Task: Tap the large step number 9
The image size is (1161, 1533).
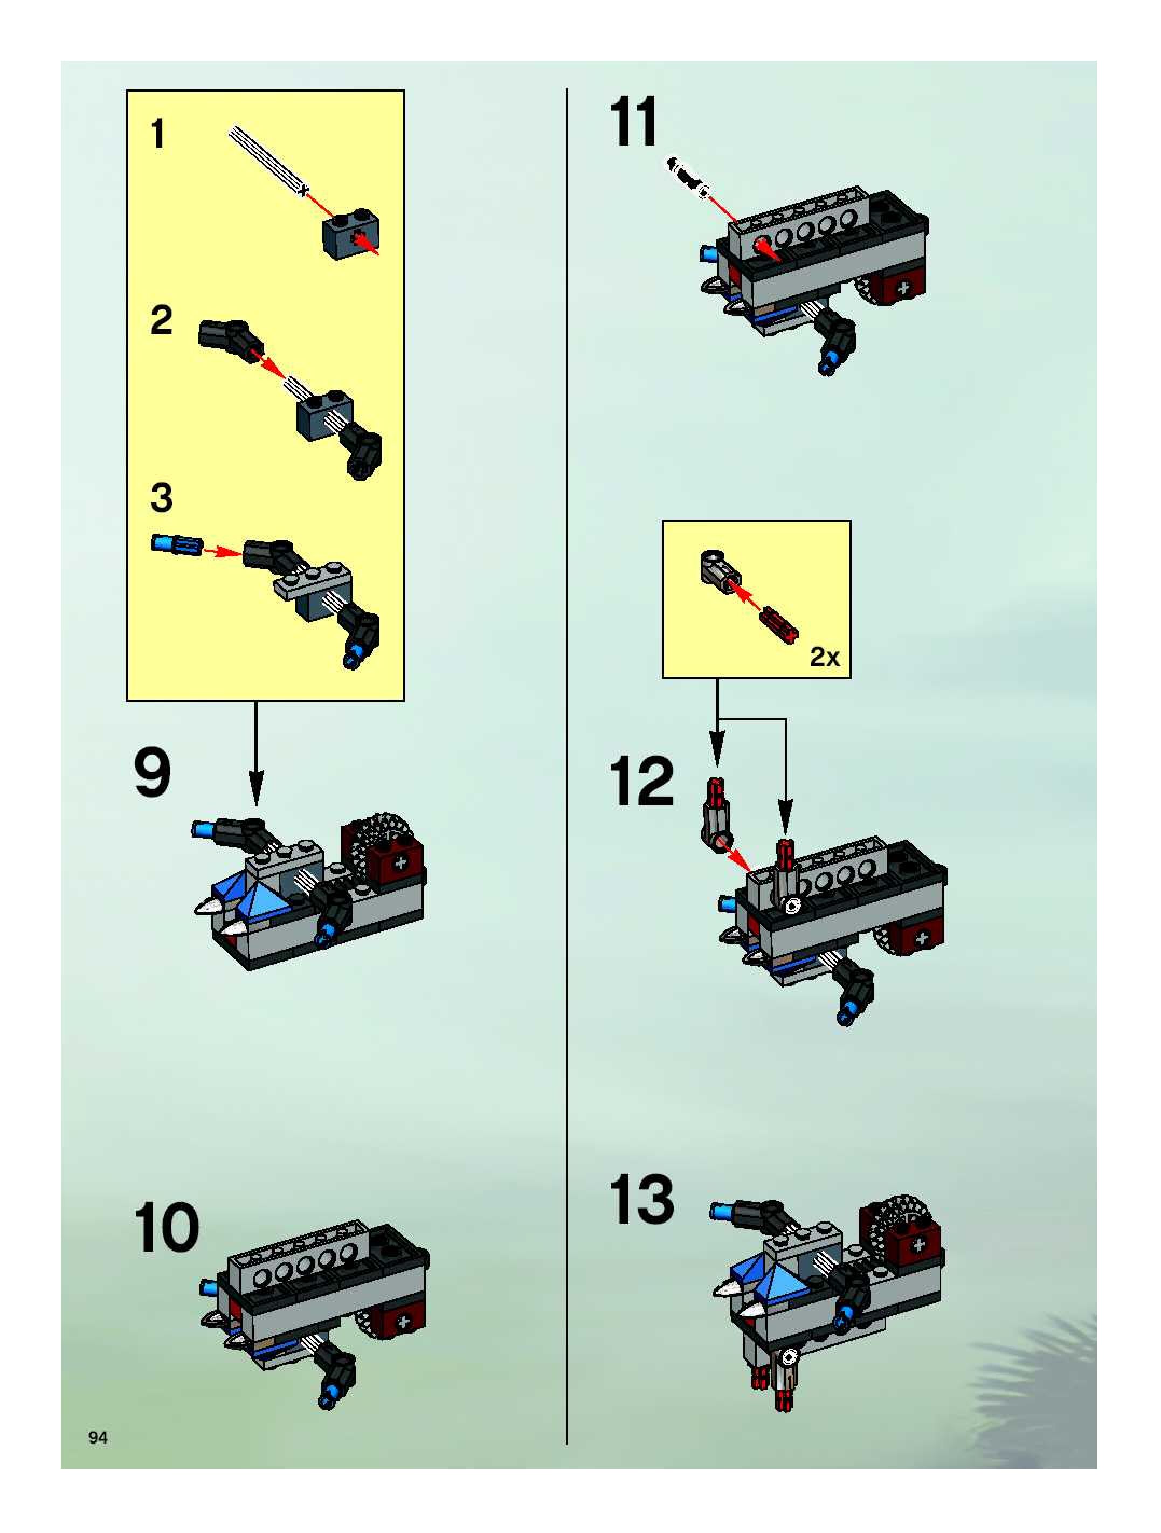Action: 153,774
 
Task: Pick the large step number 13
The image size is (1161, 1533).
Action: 641,1200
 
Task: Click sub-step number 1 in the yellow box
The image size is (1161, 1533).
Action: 158,134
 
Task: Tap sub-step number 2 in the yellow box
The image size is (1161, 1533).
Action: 161,321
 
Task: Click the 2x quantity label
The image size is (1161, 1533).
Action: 824,657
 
